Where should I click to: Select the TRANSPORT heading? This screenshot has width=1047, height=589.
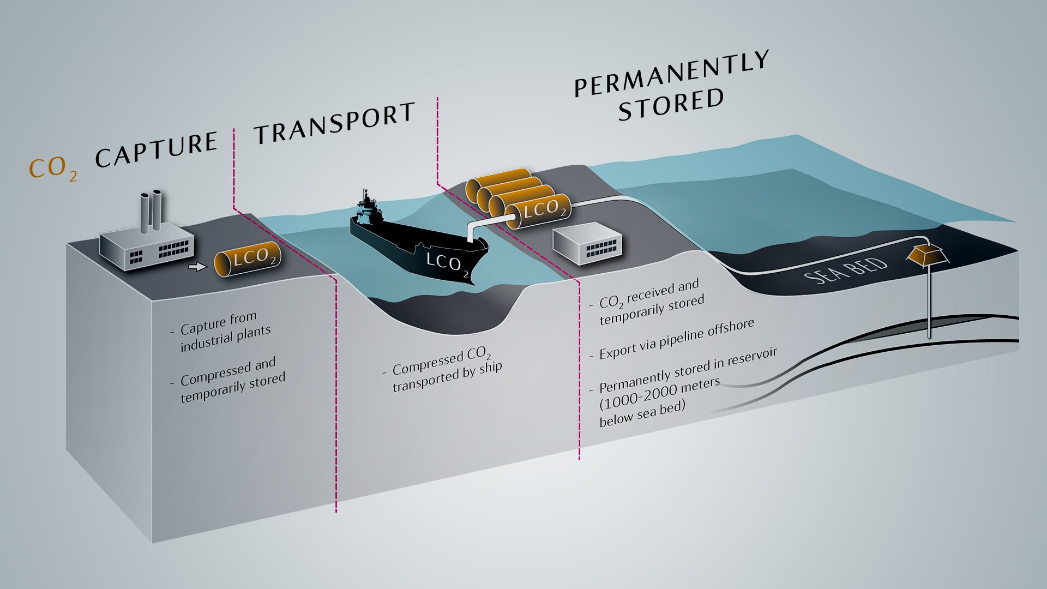click(x=334, y=124)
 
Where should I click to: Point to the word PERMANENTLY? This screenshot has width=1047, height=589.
click(x=672, y=74)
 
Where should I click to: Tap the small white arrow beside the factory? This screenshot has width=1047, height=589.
click(x=197, y=267)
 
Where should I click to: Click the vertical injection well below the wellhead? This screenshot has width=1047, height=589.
click(x=929, y=303)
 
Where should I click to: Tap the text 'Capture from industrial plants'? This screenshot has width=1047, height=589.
click(x=224, y=331)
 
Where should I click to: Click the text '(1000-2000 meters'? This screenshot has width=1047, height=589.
click(x=660, y=394)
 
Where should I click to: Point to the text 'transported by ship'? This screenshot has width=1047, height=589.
click(x=447, y=377)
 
